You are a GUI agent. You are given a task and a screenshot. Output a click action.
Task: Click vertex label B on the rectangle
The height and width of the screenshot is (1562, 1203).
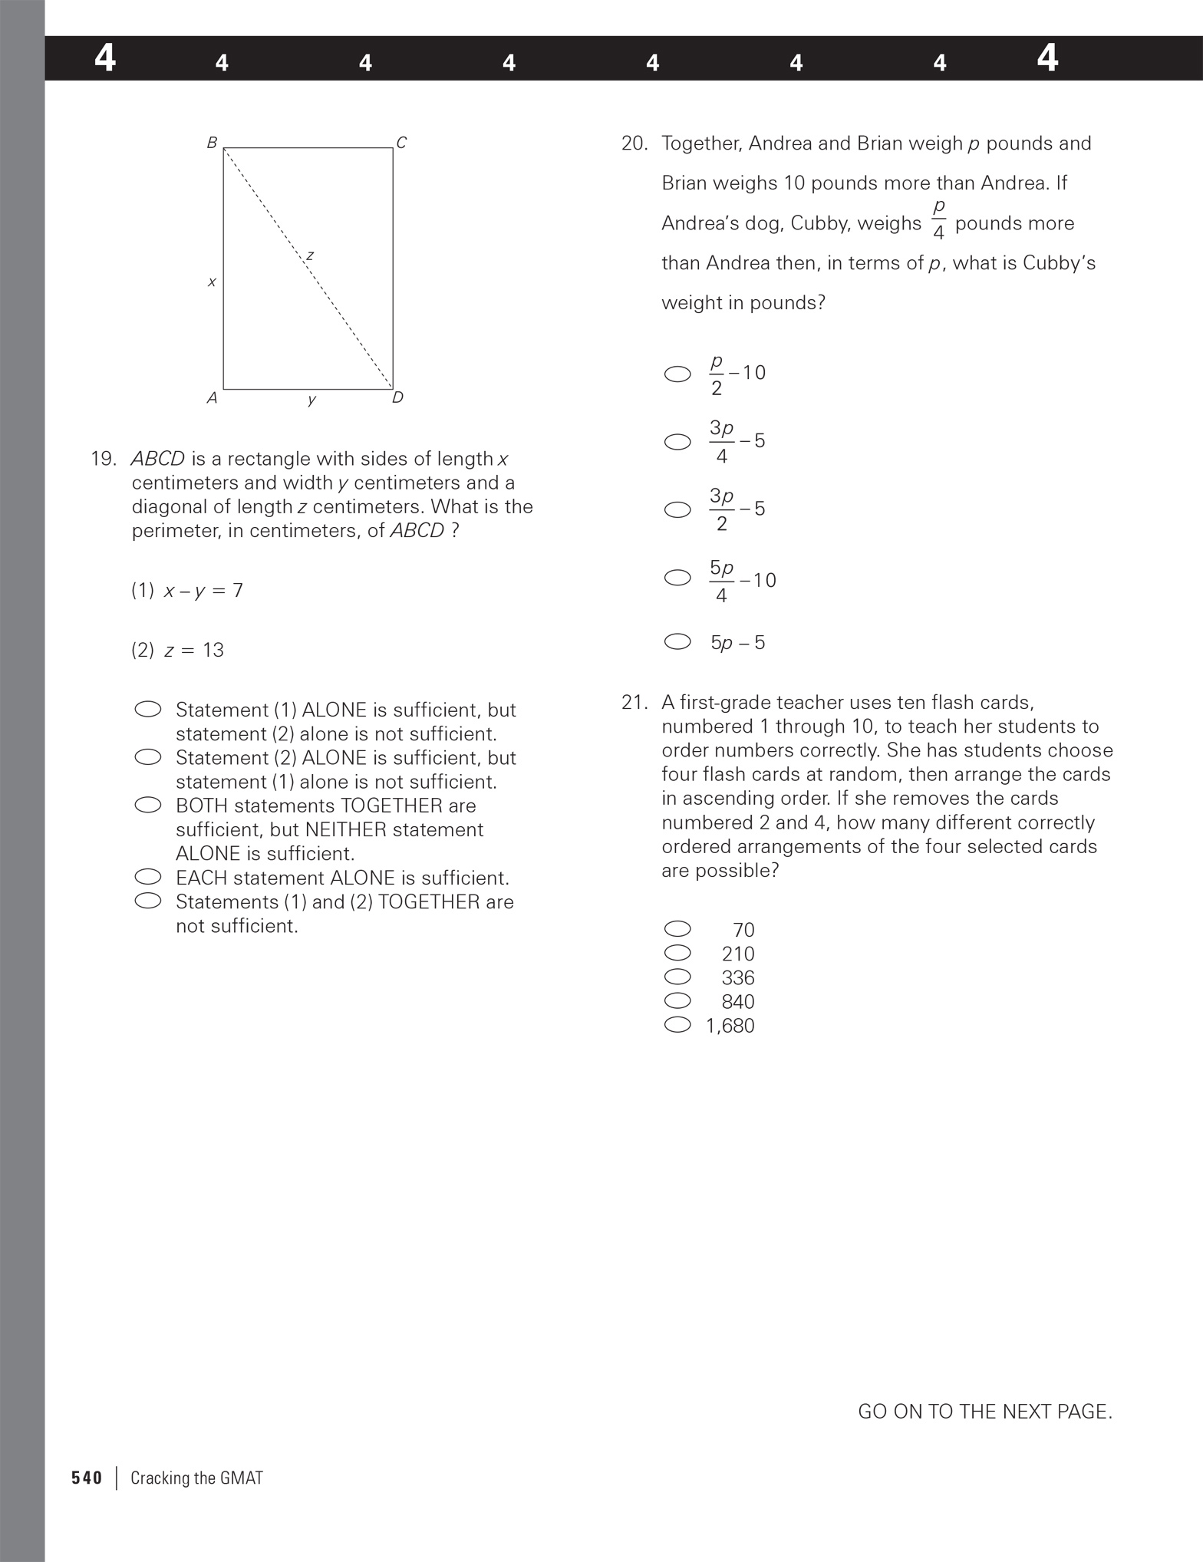[x=212, y=143]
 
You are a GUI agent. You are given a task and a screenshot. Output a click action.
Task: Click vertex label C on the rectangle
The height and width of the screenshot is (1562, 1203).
[x=401, y=143]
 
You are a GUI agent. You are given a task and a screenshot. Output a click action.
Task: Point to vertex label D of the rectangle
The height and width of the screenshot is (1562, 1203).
[x=397, y=397]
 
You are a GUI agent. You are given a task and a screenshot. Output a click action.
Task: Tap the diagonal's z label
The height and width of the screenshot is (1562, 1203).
[x=310, y=255]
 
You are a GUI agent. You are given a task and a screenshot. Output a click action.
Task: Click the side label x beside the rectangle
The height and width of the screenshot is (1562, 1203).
[x=212, y=282]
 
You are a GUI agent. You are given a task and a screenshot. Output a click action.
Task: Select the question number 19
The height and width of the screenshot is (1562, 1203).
[x=104, y=459]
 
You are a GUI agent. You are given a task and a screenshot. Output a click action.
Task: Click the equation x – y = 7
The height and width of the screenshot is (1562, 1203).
[x=203, y=590]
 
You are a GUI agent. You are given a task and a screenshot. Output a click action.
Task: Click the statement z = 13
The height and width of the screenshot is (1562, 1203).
[x=193, y=650]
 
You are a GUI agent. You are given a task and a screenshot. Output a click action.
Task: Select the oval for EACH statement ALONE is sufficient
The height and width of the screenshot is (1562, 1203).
[x=147, y=876]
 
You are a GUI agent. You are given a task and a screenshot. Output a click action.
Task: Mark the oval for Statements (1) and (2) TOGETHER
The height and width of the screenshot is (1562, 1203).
[x=147, y=900]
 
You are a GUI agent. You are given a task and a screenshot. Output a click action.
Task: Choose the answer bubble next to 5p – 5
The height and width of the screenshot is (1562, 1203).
[x=677, y=641]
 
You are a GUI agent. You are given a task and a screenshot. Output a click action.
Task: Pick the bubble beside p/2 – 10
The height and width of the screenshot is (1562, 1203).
[x=677, y=374]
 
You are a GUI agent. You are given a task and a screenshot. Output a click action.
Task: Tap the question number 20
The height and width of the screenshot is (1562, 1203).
[x=634, y=143]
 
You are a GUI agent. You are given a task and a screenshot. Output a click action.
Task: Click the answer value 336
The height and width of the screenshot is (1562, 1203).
[x=738, y=977]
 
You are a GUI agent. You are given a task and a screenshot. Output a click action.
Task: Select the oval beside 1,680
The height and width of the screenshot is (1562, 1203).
[x=677, y=1024]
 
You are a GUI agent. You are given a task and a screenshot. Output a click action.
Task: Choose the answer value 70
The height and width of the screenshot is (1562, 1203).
[x=743, y=930]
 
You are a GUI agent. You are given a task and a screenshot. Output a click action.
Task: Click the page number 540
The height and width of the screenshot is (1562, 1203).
[x=87, y=1478]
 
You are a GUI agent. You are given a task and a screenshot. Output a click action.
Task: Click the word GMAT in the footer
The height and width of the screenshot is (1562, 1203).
[x=241, y=1478]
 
